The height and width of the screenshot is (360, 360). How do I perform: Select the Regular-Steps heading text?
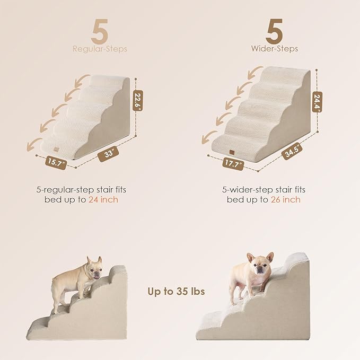click(100, 49)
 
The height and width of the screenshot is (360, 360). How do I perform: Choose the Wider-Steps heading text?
click(275, 49)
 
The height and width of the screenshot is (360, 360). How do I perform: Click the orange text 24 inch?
click(104, 199)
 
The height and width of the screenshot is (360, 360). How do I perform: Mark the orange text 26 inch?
click(286, 199)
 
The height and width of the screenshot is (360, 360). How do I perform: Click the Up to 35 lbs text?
click(176, 292)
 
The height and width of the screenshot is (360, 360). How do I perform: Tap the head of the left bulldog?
click(94, 269)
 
